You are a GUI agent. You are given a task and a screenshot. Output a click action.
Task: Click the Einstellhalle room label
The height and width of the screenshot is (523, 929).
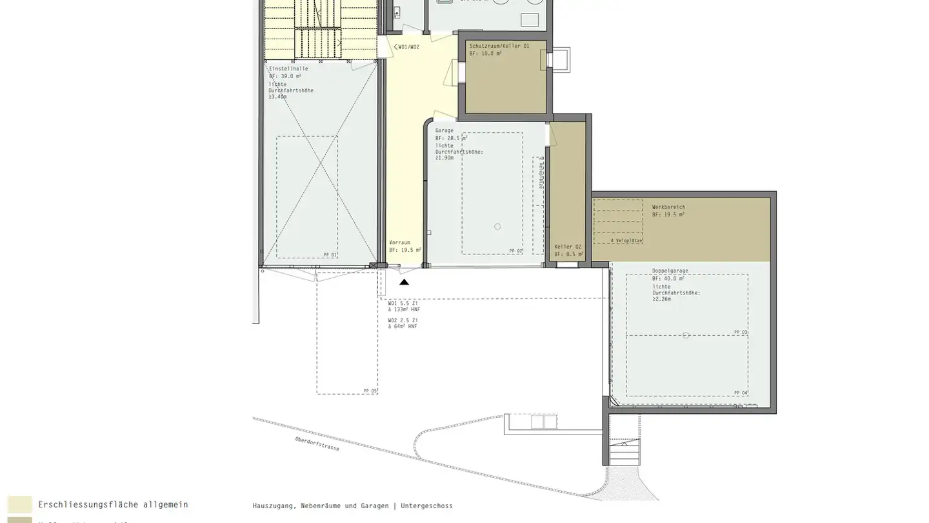click(288, 68)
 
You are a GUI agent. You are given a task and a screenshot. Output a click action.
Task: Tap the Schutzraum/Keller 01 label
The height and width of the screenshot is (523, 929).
click(499, 46)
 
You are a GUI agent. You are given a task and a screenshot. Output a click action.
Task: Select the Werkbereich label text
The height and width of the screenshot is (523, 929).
click(668, 207)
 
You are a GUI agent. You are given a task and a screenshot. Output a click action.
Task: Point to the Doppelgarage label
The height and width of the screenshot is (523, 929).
click(670, 271)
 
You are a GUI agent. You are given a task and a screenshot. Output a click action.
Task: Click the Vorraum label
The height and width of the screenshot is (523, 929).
click(399, 243)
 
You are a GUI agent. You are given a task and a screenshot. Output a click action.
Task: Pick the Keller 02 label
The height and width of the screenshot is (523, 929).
click(568, 247)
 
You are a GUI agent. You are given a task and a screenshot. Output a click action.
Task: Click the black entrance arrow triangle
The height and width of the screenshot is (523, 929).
click(404, 282)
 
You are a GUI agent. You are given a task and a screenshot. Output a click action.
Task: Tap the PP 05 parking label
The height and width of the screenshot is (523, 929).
click(370, 391)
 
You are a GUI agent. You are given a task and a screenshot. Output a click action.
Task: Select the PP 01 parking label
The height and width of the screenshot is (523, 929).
click(330, 255)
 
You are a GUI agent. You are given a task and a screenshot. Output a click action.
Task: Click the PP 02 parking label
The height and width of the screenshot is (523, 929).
click(515, 251)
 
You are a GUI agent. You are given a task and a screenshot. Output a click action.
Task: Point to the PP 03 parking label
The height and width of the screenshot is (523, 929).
click(740, 332)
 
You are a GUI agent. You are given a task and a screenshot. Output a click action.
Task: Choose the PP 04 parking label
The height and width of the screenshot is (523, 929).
click(740, 393)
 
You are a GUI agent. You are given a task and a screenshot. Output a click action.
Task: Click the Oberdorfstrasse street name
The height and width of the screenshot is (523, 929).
click(317, 444)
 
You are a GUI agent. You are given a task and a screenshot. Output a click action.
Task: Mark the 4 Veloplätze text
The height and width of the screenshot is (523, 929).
click(626, 240)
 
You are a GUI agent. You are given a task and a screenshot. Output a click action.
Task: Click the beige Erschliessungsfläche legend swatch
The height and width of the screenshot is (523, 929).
click(19, 504)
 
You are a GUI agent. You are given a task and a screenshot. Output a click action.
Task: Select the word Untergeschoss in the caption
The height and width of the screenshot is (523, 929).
click(426, 506)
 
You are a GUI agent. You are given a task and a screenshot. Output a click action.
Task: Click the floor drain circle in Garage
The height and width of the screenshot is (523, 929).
click(497, 227)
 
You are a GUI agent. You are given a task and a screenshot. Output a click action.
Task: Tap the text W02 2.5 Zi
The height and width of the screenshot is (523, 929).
click(403, 320)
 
